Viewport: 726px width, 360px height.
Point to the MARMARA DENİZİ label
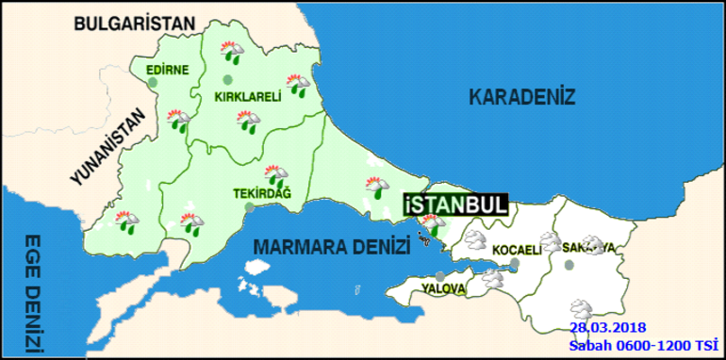click(331, 246)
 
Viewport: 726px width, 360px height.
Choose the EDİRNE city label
click(168, 69)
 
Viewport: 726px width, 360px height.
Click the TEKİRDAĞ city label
click(262, 194)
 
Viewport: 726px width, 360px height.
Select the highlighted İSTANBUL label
click(455, 205)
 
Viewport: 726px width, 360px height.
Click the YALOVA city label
click(441, 286)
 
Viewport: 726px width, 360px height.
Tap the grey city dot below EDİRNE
click(152, 82)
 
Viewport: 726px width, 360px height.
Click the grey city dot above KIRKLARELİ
click(227, 79)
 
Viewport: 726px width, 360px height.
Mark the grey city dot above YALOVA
click(439, 276)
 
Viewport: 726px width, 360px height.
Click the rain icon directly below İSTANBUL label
click(432, 224)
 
